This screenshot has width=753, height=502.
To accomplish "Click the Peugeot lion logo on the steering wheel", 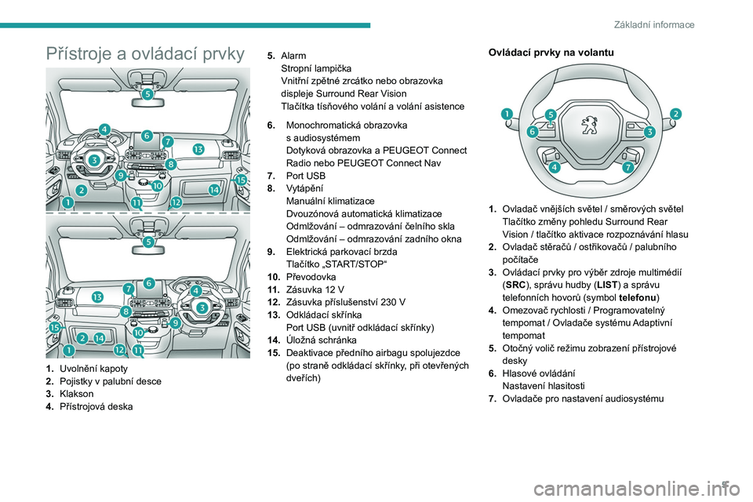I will point(587,128).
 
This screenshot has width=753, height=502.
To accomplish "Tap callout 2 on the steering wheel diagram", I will point(675,114).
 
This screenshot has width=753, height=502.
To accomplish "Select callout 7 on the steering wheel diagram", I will point(628,168).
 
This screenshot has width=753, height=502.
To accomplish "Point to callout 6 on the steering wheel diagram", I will point(533,132).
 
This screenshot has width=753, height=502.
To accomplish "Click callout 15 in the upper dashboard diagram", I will point(241,180).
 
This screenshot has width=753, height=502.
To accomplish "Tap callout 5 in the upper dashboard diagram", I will point(147,93).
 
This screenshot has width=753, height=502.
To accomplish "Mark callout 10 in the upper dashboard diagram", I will point(158,187).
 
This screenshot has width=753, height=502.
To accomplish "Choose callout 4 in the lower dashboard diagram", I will point(195,290).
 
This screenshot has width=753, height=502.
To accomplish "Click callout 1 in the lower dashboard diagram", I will point(70,349).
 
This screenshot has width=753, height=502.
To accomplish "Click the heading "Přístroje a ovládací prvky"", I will point(145,53).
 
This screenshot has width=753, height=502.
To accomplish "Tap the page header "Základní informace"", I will point(665,24).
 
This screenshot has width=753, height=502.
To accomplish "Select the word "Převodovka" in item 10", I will point(311,277).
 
